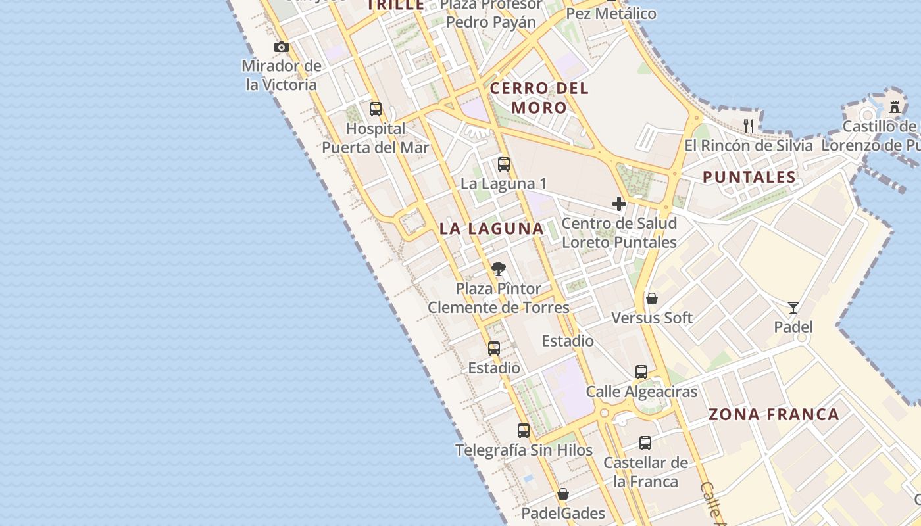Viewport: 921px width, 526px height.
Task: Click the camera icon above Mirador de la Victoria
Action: (x=282, y=47)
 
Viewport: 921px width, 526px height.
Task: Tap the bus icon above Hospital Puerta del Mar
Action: (x=376, y=109)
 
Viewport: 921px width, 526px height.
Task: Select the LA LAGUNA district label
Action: (x=491, y=229)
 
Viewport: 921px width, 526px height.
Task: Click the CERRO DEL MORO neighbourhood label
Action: (x=539, y=98)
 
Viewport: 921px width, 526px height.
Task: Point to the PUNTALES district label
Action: (x=749, y=177)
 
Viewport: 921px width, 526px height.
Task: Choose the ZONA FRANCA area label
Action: (x=774, y=414)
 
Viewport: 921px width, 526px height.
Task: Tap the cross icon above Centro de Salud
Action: (x=619, y=204)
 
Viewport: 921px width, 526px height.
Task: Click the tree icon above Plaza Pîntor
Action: (x=499, y=269)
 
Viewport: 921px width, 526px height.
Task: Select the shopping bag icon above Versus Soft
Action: (x=652, y=299)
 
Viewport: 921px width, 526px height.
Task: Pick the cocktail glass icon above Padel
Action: (x=793, y=307)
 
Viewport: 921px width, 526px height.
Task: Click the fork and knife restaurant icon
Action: (x=749, y=126)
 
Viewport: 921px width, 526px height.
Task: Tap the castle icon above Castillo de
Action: (x=895, y=107)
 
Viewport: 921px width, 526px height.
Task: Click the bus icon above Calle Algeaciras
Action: (x=641, y=372)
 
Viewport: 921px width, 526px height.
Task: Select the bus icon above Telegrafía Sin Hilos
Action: (x=524, y=431)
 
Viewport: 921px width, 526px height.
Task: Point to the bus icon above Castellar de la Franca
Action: (x=645, y=443)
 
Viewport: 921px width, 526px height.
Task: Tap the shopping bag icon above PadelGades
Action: (x=563, y=494)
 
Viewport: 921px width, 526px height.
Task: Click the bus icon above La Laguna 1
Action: (x=504, y=164)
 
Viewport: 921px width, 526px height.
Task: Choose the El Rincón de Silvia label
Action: (x=749, y=145)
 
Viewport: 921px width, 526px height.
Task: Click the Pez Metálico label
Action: (x=611, y=13)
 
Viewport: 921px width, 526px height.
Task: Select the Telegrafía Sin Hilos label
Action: (x=524, y=450)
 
